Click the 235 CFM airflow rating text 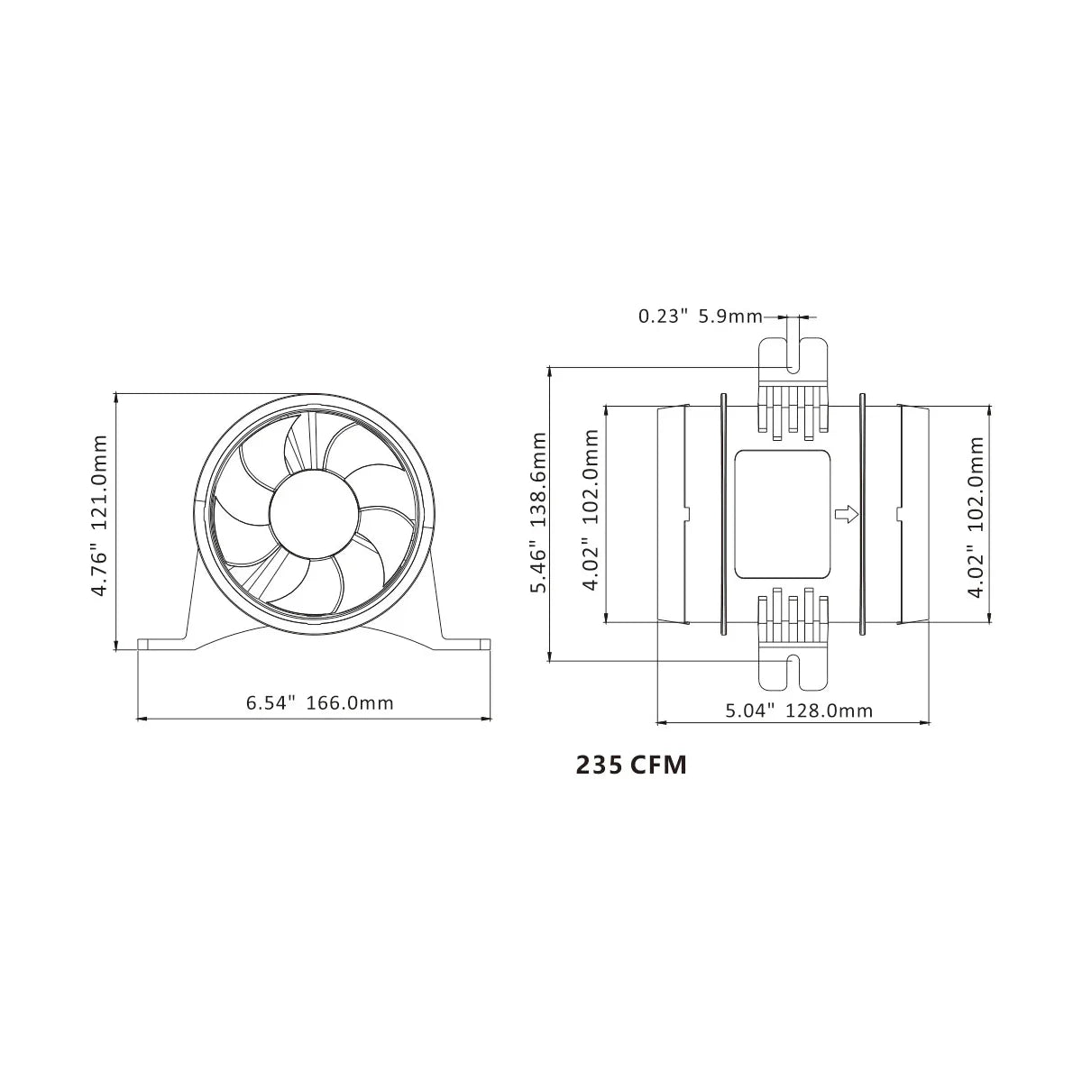pyautogui.click(x=631, y=766)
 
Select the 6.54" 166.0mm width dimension pyautogui.click(x=320, y=703)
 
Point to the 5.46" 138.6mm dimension pyautogui.click(x=539, y=512)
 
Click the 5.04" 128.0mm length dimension pyautogui.click(x=799, y=711)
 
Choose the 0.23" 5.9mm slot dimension pyautogui.click(x=699, y=316)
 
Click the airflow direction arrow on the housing pyautogui.click(x=846, y=514)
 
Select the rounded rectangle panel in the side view pyautogui.click(x=782, y=514)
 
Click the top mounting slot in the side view pyautogui.click(x=793, y=357)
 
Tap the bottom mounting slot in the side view pyautogui.click(x=793, y=671)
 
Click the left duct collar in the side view pyautogui.click(x=673, y=514)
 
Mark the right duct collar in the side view pyautogui.click(x=912, y=514)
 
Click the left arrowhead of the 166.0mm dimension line pyautogui.click(x=141, y=719)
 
